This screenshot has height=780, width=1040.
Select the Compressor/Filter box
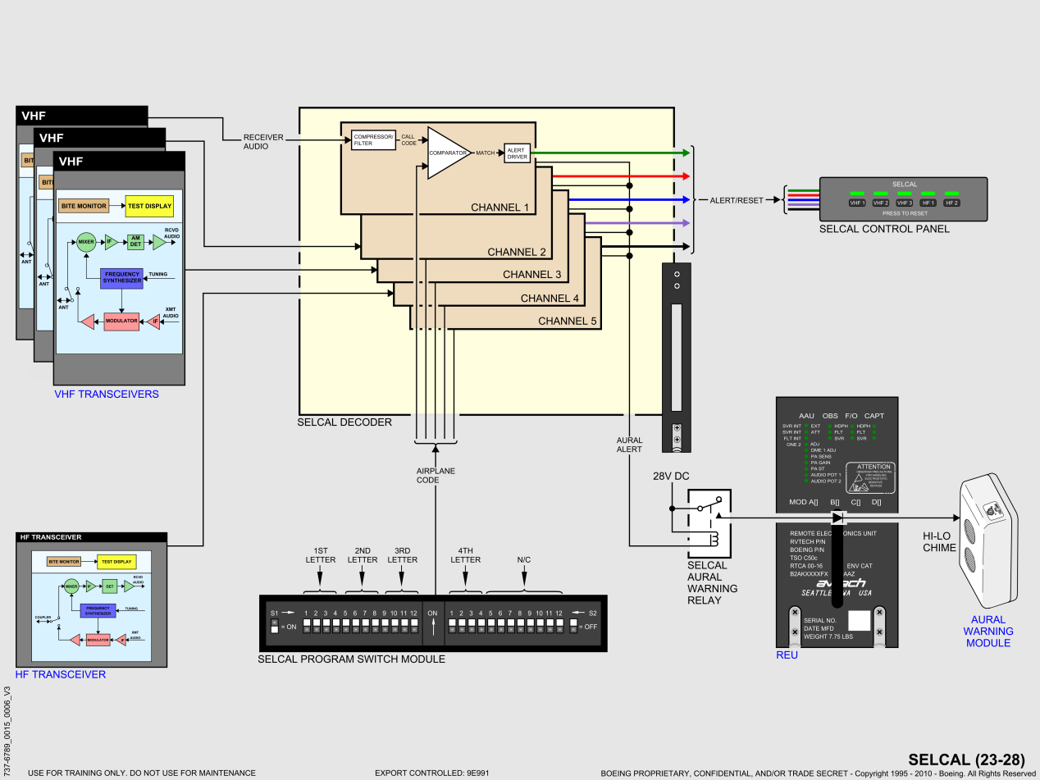[373, 139]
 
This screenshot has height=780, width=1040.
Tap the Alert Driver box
[517, 153]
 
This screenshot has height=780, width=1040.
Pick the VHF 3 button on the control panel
[905, 202]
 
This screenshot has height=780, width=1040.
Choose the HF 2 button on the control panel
[951, 202]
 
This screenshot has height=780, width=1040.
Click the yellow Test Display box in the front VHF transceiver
[148, 206]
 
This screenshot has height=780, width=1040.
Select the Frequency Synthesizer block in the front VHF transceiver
[121, 278]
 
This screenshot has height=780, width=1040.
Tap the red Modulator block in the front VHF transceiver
[121, 320]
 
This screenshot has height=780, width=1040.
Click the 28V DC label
[672, 477]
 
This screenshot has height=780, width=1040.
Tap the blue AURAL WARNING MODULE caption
[988, 631]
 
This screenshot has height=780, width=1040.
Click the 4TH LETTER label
[465, 554]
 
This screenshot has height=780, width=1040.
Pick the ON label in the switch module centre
[432, 614]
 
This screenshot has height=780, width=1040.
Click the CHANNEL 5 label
[567, 321]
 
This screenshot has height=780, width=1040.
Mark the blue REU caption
[787, 655]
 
